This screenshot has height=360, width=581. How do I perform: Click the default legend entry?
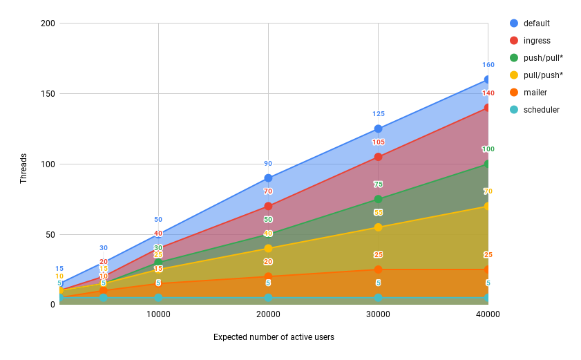pos(536,23)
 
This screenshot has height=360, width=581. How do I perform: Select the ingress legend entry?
pos(536,40)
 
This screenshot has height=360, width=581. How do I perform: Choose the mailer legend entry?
pos(535,92)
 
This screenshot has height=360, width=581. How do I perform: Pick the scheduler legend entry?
pos(541,109)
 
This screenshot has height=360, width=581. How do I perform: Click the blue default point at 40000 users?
pos(488,79)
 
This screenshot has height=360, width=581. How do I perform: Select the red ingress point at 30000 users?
pos(378,157)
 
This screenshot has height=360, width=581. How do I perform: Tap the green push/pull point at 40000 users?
pos(488,164)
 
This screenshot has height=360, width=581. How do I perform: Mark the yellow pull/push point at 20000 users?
pos(268,248)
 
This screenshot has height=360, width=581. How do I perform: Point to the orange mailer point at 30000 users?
pos(378,269)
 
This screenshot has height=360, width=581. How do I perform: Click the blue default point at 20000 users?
pos(268,178)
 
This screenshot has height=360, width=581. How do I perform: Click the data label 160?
pos(488,65)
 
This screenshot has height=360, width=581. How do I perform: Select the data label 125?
pos(378,114)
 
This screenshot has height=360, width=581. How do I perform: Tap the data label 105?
pos(378,142)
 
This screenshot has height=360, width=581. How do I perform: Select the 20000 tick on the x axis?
pos(268,314)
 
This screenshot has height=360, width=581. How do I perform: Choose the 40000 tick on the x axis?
pos(488,314)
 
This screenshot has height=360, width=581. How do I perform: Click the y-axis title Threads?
pos(23,168)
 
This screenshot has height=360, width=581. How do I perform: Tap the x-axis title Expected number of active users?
pos(274,337)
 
